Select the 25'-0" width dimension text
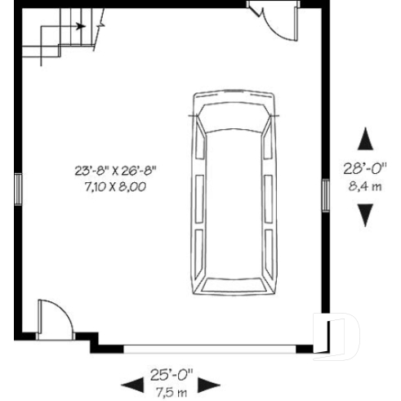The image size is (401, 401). pyautogui.click(x=170, y=376)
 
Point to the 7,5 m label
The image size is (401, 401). pyautogui.click(x=170, y=393)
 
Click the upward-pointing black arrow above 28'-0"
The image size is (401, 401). pyautogui.click(x=365, y=140)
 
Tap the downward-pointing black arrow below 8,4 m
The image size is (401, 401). pyautogui.click(x=365, y=215)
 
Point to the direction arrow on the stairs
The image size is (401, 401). pyautogui.click(x=79, y=25)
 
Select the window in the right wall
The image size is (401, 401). pyautogui.click(x=324, y=194)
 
